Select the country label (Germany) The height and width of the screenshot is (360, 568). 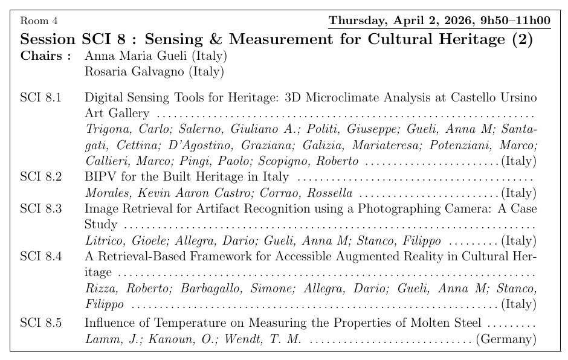click(506, 339)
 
